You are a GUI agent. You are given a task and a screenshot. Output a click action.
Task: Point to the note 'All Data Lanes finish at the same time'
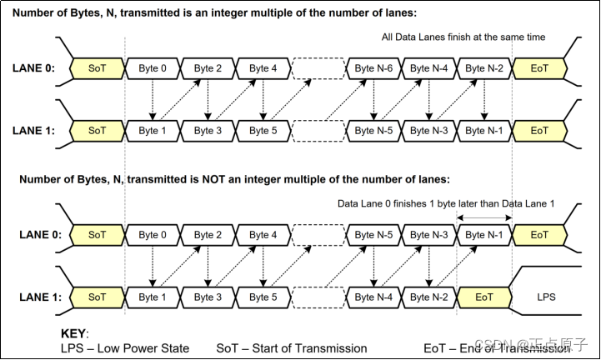pyautogui.click(x=464, y=37)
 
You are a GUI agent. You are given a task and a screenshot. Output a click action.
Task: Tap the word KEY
pyautogui.click(x=76, y=332)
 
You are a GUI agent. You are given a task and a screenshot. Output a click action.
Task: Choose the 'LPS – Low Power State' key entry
pyautogui.click(x=125, y=347)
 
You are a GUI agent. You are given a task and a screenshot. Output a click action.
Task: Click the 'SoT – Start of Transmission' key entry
pyautogui.click(x=292, y=347)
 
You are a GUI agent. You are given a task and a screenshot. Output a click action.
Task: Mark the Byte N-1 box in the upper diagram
pyautogui.click(x=484, y=131)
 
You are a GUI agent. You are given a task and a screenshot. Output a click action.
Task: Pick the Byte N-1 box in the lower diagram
pyautogui.click(x=484, y=235)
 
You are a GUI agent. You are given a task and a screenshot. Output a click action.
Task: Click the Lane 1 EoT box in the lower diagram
pyautogui.click(x=484, y=297)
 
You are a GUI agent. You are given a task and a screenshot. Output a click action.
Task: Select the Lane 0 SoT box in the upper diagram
pyautogui.click(x=98, y=67)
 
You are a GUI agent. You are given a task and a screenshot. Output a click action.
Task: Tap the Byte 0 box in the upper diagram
pyautogui.click(x=153, y=67)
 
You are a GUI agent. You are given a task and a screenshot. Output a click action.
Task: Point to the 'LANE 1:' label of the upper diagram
pyautogui.click(x=34, y=131)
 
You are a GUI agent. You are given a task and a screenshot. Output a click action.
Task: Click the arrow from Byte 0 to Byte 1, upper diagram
pyautogui.click(x=153, y=99)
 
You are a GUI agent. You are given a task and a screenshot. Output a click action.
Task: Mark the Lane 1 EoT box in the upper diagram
pyautogui.click(x=539, y=131)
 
